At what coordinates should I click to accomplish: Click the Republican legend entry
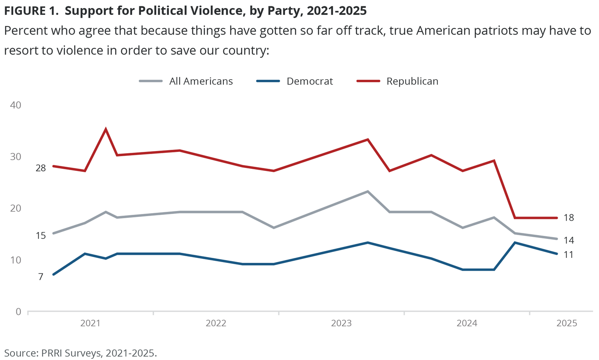[x=412, y=81]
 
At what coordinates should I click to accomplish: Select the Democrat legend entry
[x=309, y=81]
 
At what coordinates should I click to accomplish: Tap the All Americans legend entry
[x=201, y=81]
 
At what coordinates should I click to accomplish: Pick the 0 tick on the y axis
[x=18, y=311]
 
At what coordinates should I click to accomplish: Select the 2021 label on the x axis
[x=90, y=323]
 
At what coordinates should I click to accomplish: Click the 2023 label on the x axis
[x=341, y=323]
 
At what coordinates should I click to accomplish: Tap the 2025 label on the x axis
[x=566, y=323]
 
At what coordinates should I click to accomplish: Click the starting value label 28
[x=41, y=168]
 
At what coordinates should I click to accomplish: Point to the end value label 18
[x=568, y=218]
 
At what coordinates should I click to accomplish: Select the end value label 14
[x=568, y=240]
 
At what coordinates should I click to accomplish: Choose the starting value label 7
[x=41, y=277]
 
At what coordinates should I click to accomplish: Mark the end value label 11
[x=568, y=254]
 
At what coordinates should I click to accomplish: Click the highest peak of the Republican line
[x=106, y=129]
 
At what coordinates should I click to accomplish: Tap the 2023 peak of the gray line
[x=368, y=192]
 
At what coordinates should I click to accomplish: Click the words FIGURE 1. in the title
[x=31, y=11]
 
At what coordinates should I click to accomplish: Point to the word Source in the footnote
[x=19, y=353]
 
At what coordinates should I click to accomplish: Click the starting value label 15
[x=41, y=235]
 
